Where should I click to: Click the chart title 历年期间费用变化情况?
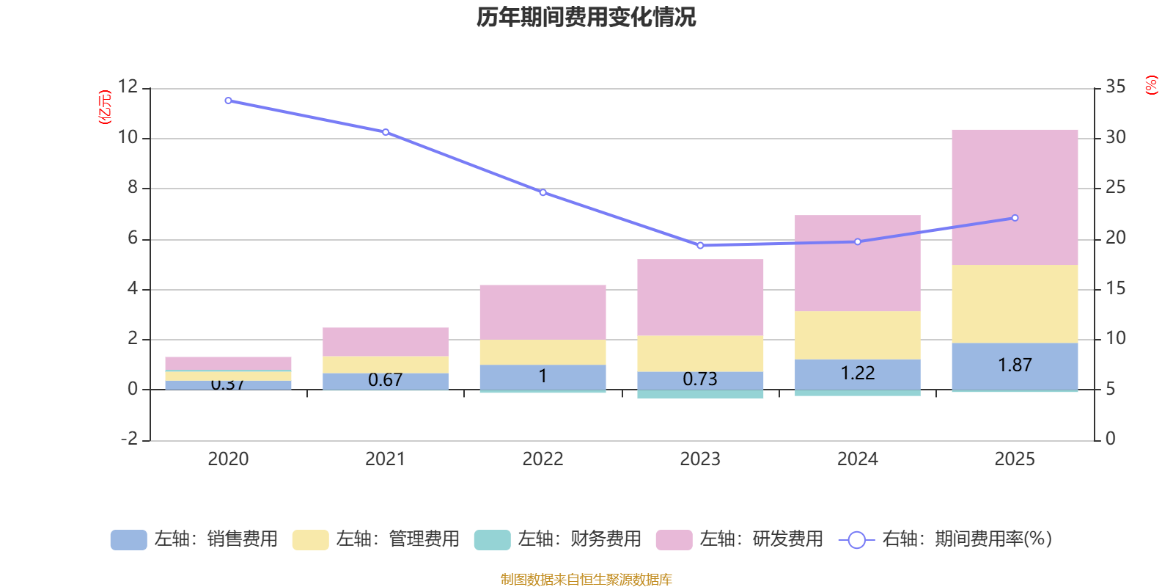[586, 17]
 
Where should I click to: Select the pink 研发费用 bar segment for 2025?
[1015, 197]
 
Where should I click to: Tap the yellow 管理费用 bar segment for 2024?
[857, 335]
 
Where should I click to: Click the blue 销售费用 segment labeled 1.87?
[1015, 365]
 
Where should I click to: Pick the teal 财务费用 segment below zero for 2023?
[700, 395]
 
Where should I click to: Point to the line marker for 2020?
[228, 101]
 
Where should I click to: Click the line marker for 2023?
[700, 246]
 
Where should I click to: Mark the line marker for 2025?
[1015, 218]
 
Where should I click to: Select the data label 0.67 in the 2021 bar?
[385, 380]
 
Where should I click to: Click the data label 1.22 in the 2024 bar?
[857, 373]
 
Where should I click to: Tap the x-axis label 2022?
[543, 459]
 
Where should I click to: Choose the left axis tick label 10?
[128, 137]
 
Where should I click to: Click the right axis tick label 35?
[1115, 87]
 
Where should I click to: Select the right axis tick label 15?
[1115, 288]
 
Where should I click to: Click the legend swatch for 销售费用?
[128, 540]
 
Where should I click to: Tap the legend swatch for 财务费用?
[492, 540]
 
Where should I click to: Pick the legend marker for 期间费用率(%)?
[856, 540]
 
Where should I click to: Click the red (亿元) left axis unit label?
[105, 107]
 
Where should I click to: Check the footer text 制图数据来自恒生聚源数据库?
[586, 580]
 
